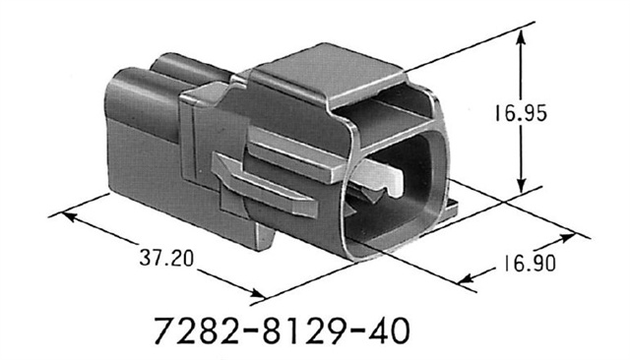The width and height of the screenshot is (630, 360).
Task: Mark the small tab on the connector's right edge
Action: click(452, 208)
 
